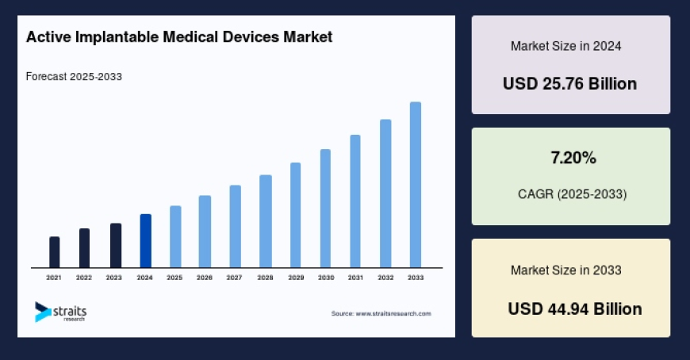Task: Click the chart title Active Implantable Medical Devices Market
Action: (178, 37)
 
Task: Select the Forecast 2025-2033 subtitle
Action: (74, 77)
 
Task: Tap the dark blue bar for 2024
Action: (145, 240)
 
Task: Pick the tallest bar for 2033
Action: (415, 184)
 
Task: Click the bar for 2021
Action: (55, 251)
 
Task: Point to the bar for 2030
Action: (325, 208)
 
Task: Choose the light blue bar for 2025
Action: (175, 236)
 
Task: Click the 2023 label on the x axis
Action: (114, 278)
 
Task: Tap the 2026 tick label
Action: (205, 278)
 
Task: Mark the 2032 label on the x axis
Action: (385, 278)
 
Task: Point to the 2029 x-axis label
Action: (296, 278)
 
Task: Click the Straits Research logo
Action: (60, 311)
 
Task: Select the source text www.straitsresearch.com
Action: (381, 314)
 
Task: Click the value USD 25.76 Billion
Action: (569, 83)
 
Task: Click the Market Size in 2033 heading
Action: (565, 270)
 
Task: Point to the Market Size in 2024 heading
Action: (565, 46)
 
